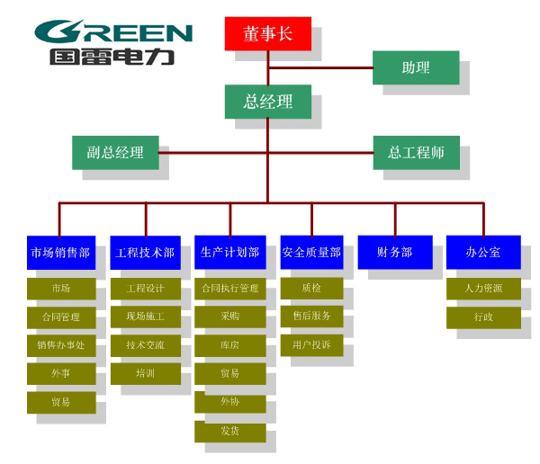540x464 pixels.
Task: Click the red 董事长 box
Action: (267, 33)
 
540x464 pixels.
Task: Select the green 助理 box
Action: (415, 67)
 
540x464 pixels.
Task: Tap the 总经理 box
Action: (267, 102)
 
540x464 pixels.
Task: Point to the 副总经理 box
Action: (114, 152)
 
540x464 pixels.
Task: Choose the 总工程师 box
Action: (416, 152)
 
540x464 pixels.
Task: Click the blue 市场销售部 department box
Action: (60, 252)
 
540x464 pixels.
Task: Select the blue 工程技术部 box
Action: (144, 252)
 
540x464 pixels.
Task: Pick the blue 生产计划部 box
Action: (229, 252)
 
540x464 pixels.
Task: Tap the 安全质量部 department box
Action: (311, 252)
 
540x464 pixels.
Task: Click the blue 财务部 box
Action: (394, 252)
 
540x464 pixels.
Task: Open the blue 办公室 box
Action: (482, 252)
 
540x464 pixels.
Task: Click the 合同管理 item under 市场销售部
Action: (61, 317)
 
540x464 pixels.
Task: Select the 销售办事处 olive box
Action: (61, 344)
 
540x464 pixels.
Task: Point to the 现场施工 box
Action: (145, 317)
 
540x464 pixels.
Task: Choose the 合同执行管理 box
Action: (229, 288)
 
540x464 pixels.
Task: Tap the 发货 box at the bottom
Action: (229, 432)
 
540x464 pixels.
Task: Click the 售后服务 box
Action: (311, 317)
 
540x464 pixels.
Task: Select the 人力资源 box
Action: (482, 288)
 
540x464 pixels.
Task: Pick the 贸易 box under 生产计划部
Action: (229, 373)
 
